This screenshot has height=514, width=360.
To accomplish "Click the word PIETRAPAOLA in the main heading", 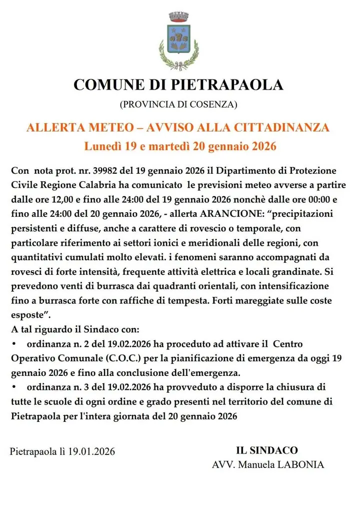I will tap(227, 84).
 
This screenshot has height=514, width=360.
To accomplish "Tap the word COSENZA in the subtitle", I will tap(212, 105).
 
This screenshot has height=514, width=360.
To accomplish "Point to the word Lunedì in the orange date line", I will tap(103, 147).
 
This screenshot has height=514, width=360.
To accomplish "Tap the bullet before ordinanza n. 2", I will tap(14, 345).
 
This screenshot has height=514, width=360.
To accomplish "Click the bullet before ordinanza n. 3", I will tap(14, 388).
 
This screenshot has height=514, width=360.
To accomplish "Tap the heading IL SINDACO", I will tap(267, 450).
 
